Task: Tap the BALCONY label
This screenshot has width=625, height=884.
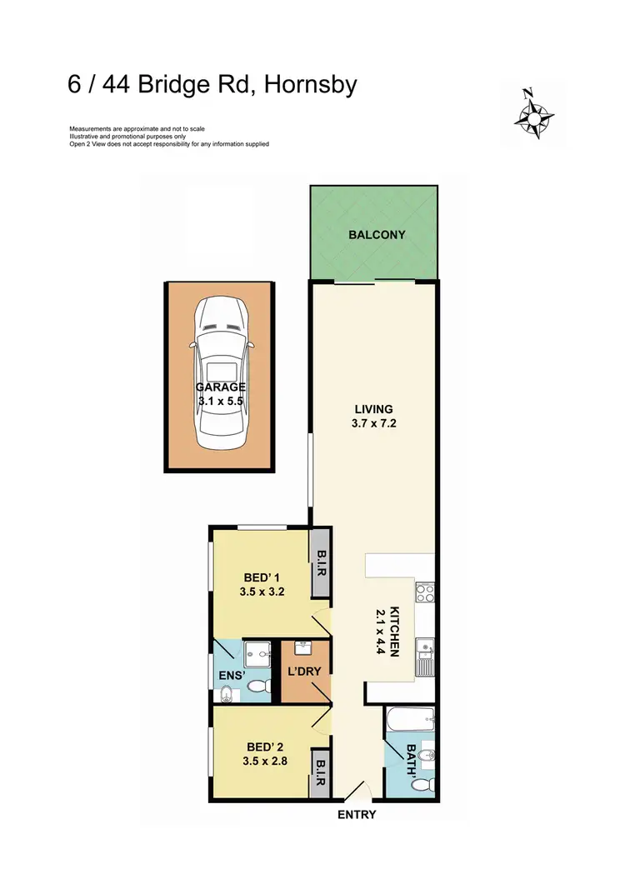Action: point(377,235)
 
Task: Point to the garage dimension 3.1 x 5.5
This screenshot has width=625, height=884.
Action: point(220,401)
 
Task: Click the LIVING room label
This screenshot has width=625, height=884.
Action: point(373,409)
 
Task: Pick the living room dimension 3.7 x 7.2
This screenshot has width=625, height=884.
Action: point(373,423)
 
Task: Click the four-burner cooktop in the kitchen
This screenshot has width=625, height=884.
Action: point(425,593)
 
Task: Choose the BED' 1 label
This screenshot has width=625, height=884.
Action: point(262,577)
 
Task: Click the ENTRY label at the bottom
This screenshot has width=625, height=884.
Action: point(357,815)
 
